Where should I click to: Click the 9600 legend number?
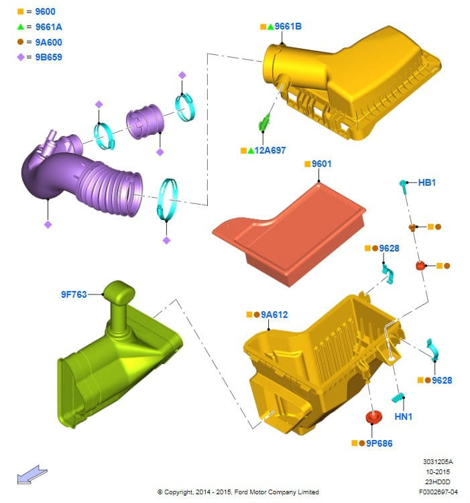[x=45, y=11]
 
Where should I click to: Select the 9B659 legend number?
[x=49, y=57]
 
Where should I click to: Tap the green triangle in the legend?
[x=21, y=27]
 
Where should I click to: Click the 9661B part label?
[x=288, y=26]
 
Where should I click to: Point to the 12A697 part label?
[x=270, y=150]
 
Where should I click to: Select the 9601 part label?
[x=322, y=164]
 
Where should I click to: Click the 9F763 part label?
[x=74, y=294]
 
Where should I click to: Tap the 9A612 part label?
[x=274, y=315]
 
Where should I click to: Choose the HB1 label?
[x=427, y=182]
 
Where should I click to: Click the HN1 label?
[x=404, y=416]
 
